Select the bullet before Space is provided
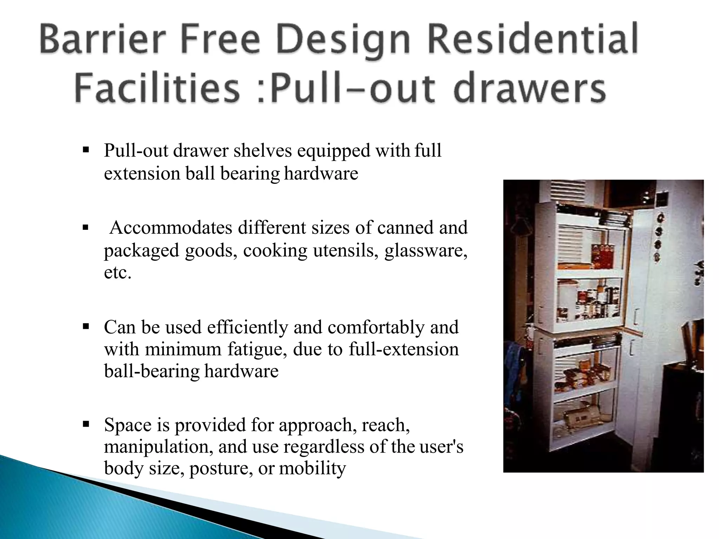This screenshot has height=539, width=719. point(85,425)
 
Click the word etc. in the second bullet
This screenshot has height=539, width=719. point(118,272)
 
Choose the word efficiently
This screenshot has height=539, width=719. point(248,327)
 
